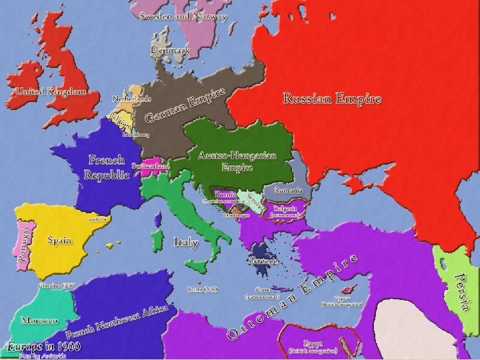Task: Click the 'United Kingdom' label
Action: tap(51, 91)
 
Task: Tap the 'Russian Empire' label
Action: tap(332, 99)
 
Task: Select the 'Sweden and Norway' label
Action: tap(183, 16)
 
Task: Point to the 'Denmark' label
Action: tap(171, 50)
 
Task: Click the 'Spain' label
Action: tap(59, 239)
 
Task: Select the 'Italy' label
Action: tap(185, 241)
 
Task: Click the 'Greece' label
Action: tap(263, 261)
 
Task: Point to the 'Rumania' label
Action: tap(288, 191)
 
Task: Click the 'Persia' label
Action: tap(458, 289)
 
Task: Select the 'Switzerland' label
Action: tap(150, 165)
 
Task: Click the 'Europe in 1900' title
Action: tap(44, 346)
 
